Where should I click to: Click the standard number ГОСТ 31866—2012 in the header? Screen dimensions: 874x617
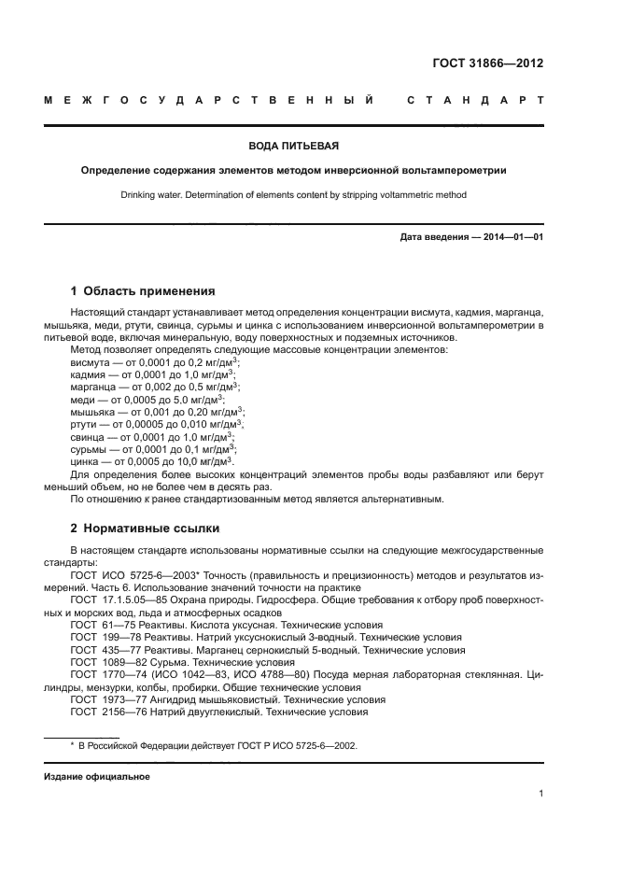click(487, 63)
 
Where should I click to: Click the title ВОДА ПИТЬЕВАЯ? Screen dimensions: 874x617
click(293, 147)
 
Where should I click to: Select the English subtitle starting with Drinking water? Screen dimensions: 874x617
click(293, 195)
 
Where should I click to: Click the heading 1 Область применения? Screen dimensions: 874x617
click(143, 290)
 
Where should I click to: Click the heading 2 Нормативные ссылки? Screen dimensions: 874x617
click(139, 528)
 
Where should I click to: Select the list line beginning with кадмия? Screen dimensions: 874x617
click(154, 374)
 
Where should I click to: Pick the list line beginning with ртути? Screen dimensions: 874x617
click(158, 423)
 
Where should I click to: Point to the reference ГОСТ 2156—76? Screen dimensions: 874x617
click(219, 712)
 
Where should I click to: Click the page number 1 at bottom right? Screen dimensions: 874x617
click(540, 795)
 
